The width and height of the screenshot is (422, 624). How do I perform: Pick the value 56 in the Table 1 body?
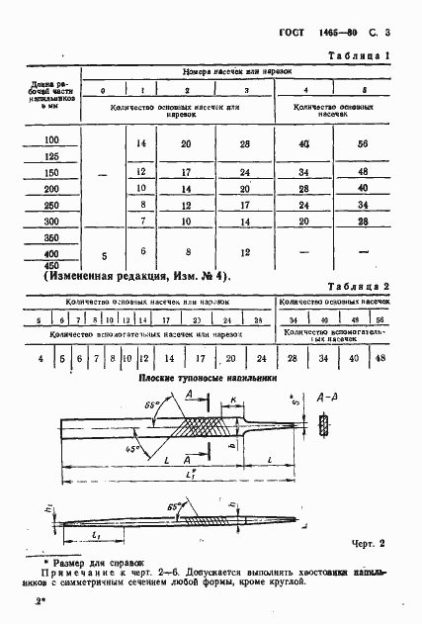[362, 143]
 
